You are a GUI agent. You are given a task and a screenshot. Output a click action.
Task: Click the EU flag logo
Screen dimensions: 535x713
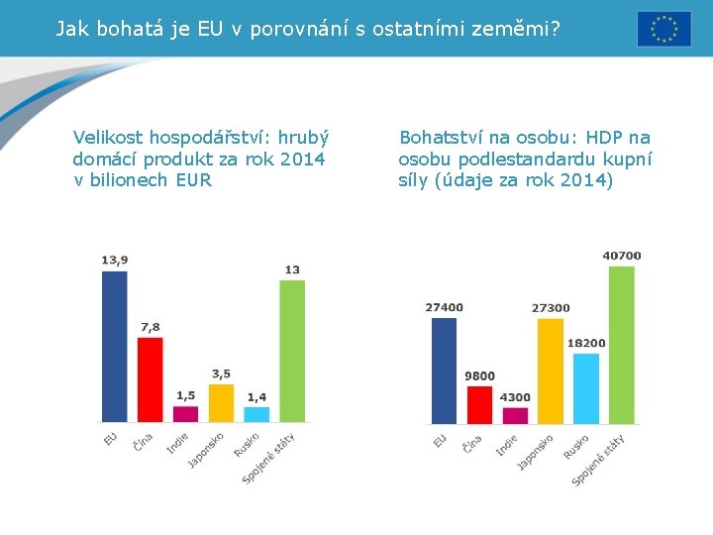click(663, 29)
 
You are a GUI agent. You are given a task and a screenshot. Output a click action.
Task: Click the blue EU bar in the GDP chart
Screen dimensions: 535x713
click(115, 346)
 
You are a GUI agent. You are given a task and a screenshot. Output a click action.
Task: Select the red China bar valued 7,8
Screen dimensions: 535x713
click(150, 379)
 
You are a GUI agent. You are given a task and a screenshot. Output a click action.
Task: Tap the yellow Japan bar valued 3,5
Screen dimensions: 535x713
click(221, 402)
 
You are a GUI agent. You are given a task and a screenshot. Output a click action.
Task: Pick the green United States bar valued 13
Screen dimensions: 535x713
click(292, 351)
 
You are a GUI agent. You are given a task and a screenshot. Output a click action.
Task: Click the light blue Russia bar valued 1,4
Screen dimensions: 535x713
click(256, 414)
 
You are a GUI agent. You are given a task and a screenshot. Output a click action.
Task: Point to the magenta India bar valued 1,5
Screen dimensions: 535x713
click(185, 413)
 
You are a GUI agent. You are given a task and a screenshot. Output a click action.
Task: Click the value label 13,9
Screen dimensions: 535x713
click(115, 260)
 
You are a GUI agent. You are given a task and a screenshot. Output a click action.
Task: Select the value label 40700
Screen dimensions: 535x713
click(622, 256)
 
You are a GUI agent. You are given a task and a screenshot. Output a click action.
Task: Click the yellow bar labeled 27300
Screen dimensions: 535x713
click(550, 371)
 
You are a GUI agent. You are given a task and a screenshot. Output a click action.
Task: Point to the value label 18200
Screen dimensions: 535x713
click(586, 343)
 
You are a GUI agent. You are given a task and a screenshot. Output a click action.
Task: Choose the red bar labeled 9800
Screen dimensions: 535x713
click(479, 404)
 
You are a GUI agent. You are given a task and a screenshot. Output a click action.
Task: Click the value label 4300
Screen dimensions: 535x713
click(515, 397)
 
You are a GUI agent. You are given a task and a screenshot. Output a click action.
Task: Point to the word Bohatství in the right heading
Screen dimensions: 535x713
click(438, 138)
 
